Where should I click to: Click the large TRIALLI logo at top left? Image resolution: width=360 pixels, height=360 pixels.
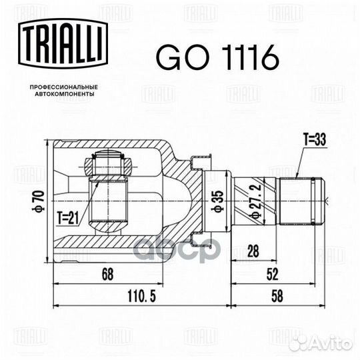(63, 43)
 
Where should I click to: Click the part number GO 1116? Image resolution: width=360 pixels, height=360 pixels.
(217, 57)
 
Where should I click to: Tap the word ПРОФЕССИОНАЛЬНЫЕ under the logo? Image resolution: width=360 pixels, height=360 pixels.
(64, 87)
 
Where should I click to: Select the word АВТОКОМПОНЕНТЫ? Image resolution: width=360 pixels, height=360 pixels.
(64, 94)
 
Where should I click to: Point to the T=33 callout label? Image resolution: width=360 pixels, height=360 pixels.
(315, 139)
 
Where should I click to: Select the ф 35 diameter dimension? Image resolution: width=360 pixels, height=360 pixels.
(217, 201)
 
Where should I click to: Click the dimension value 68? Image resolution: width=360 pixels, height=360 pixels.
(108, 274)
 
